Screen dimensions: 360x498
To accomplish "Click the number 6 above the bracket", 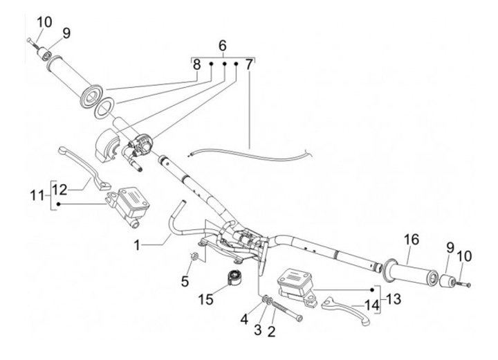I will [223, 46].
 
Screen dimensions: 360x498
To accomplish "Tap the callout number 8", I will [197, 66].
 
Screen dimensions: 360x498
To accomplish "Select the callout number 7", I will [248, 66].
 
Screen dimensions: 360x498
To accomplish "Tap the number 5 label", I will [185, 281].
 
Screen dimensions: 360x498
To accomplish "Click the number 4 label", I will [243, 320].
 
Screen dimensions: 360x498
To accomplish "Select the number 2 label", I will [271, 332].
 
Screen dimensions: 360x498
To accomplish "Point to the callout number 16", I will [412, 240].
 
